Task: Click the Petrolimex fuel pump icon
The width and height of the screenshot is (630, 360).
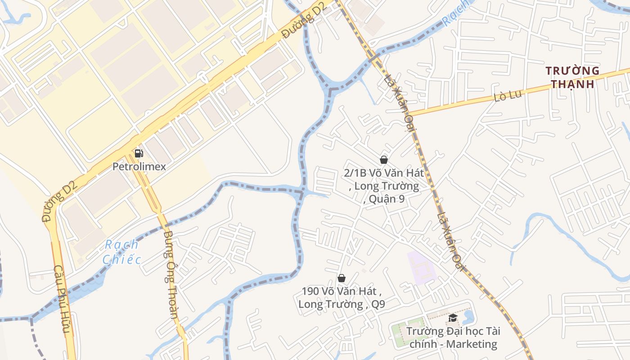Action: pos(139,153)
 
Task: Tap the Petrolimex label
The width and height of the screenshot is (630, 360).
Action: pos(139,166)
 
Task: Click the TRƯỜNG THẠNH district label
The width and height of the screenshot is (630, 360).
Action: pos(572,77)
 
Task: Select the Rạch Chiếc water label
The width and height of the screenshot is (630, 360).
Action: pos(121,252)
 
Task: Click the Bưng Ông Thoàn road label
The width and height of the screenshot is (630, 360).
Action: pos(170,274)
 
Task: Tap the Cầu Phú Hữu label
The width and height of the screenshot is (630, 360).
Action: pos(63,301)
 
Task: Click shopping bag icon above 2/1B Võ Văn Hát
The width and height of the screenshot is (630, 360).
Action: pos(384,159)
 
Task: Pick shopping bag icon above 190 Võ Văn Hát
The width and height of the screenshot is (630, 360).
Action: pos(342,278)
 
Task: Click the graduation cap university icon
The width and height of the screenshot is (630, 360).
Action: pos(452,318)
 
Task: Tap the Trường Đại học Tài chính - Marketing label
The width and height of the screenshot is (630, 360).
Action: pos(453,338)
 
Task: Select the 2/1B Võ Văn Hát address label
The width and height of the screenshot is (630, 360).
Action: pos(384,185)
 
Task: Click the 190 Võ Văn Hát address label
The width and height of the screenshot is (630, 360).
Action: pos(342,297)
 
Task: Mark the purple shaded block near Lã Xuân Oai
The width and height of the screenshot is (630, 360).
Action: pos(421,268)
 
